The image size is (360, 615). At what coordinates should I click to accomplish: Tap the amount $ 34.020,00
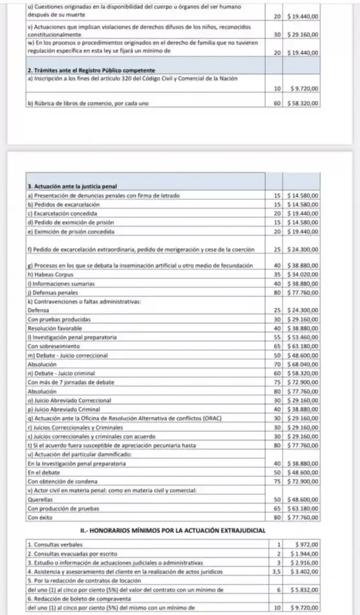click(x=303, y=274)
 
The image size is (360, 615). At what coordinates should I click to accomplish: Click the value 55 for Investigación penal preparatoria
click(x=277, y=337)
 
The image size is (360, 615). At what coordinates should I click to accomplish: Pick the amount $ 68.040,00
click(x=303, y=364)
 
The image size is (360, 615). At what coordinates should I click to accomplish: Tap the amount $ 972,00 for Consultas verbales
click(x=308, y=544)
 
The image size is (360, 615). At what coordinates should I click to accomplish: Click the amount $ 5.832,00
click(x=306, y=590)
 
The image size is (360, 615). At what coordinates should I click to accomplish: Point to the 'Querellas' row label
click(x=40, y=500)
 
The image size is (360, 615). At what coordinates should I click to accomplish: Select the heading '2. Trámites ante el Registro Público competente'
click(x=91, y=70)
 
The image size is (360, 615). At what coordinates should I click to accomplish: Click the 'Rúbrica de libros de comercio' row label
click(x=88, y=104)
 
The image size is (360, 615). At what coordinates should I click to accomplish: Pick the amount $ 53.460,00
click(x=303, y=337)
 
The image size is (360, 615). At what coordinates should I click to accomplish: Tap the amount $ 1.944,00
click(x=306, y=554)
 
